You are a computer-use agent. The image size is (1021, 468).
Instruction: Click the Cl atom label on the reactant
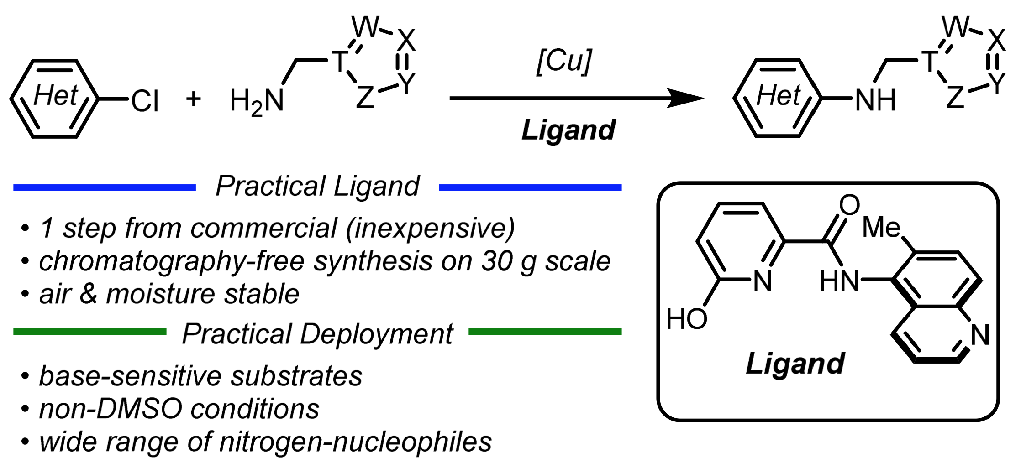point(145,101)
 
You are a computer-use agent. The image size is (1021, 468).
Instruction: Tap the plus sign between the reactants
point(194,99)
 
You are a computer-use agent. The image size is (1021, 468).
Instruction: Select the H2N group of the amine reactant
point(257,101)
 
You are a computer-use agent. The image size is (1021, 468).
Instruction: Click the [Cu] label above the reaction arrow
point(564,61)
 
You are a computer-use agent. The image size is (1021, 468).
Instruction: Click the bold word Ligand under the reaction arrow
point(568,130)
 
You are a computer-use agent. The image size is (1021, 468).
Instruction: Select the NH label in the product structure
point(875,100)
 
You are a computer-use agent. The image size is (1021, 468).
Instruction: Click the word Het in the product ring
point(779,96)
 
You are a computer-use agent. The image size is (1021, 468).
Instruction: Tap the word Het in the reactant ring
point(56,96)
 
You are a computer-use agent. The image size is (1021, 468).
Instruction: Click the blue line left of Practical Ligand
point(105,187)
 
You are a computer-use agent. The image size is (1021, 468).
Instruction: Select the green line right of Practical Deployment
point(545,332)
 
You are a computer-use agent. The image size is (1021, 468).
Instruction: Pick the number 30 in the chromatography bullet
point(497,261)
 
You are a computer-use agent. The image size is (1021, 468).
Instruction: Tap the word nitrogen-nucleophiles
point(355,442)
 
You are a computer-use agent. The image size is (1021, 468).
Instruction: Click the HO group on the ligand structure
point(686,319)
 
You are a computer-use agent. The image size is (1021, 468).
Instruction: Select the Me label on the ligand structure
point(881,227)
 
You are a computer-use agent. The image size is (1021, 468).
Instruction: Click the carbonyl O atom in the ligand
point(849,205)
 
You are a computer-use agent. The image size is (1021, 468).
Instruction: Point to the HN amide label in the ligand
point(839,281)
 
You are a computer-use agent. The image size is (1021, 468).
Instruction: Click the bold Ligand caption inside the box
point(795,364)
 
